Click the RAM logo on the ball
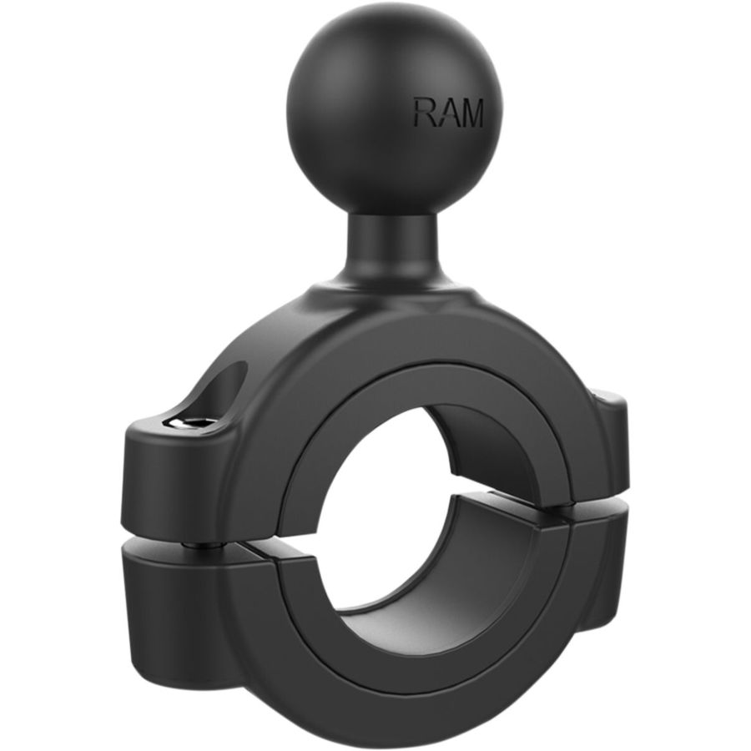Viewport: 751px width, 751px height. point(448,113)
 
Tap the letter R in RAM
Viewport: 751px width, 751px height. point(425,113)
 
